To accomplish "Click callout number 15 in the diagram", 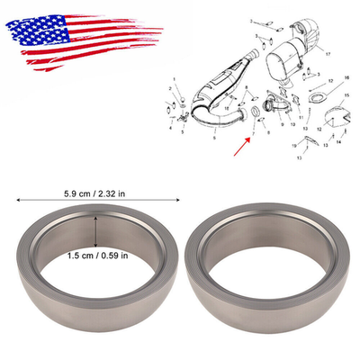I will click(345, 94).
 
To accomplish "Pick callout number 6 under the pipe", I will click(214, 139).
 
